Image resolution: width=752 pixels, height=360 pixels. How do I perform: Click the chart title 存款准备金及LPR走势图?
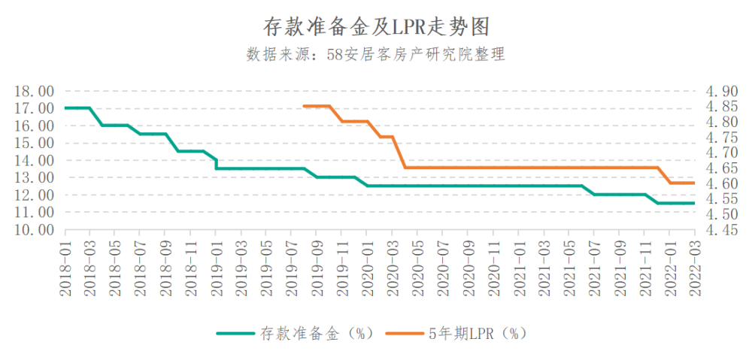point(376,27)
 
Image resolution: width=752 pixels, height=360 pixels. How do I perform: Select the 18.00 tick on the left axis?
point(34,91)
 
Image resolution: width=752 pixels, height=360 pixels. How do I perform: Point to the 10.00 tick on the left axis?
point(34,230)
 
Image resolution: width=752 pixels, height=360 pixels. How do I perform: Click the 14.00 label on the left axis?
point(34,160)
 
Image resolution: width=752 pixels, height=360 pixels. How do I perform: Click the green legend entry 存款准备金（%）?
point(295,334)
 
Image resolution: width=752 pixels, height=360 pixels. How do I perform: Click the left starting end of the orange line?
point(304,106)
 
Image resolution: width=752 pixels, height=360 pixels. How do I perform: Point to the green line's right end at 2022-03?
point(694,203)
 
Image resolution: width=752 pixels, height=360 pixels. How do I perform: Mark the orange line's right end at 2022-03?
point(694,183)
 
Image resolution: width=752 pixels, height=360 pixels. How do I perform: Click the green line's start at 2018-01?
point(65,108)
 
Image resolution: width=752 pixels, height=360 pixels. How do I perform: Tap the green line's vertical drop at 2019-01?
point(217,165)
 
